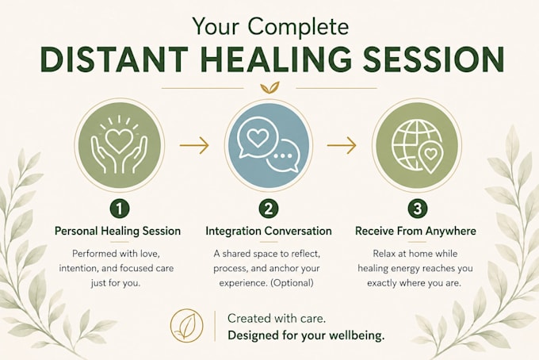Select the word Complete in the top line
298,26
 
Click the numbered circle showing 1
119,209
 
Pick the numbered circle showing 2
269,209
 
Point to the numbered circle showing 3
417,209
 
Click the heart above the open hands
119,140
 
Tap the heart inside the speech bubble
257,138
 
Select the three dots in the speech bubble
283,155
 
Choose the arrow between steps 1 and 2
194,145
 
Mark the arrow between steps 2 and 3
342,145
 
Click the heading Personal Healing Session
118,231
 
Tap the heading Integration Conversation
269,231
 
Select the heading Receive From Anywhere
415,231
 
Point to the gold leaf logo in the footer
186,325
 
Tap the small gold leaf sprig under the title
269,88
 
